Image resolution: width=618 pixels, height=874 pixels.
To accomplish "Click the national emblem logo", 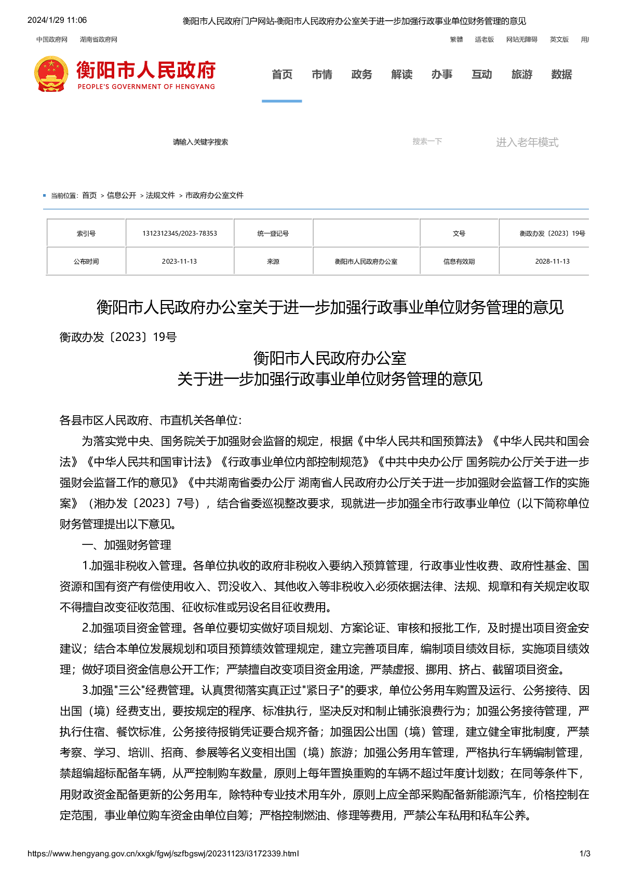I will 51,75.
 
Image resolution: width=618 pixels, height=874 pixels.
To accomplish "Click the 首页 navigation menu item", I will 282,75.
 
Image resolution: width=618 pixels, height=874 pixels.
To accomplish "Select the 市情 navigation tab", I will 322,75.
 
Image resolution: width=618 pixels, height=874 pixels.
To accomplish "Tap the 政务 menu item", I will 361,75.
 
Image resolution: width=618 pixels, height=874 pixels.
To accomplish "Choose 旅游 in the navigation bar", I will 522,75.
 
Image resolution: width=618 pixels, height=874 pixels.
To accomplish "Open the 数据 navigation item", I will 561,75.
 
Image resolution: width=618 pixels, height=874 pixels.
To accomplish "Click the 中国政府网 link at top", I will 52,39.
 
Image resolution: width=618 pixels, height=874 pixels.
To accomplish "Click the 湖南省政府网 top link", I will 99,39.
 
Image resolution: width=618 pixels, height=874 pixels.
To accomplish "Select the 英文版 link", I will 559,39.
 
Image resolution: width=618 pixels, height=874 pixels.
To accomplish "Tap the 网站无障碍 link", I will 522,39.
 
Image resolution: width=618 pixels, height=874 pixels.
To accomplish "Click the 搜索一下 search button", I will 427,142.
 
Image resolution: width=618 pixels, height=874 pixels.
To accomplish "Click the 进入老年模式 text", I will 527,142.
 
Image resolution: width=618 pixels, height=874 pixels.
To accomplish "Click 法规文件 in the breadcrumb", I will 160,196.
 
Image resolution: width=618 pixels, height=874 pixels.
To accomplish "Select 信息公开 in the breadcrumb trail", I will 122,196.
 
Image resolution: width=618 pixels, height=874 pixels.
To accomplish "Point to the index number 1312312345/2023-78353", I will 180,234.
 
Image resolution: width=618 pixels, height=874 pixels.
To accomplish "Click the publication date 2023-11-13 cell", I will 180,262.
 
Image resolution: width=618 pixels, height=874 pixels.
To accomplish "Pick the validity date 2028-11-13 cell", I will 552,262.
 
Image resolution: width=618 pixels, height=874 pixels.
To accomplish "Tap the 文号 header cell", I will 459,234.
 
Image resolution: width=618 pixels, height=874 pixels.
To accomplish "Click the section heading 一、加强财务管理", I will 127,545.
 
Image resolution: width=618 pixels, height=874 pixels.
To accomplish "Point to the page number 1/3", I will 585,854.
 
